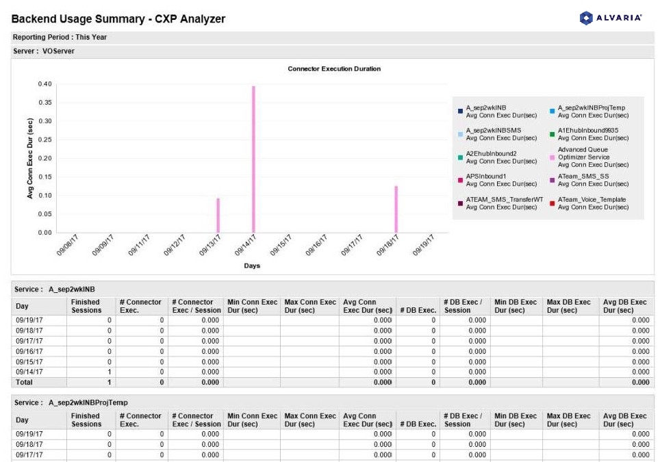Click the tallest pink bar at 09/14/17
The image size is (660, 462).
[253, 159]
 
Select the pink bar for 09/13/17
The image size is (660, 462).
[218, 216]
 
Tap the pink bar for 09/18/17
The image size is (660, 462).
[396, 209]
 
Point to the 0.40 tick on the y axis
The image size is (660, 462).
[45, 84]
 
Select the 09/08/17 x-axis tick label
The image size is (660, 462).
[67, 245]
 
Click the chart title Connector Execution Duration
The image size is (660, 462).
[334, 69]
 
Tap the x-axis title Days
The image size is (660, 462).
[252, 266]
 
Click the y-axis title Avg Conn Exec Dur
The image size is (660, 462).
[30, 158]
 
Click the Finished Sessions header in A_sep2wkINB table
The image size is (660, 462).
[86, 306]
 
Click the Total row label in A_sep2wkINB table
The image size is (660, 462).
[25, 383]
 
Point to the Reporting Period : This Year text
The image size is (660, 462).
[60, 38]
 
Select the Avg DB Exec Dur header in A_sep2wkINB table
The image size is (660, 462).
[624, 306]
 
